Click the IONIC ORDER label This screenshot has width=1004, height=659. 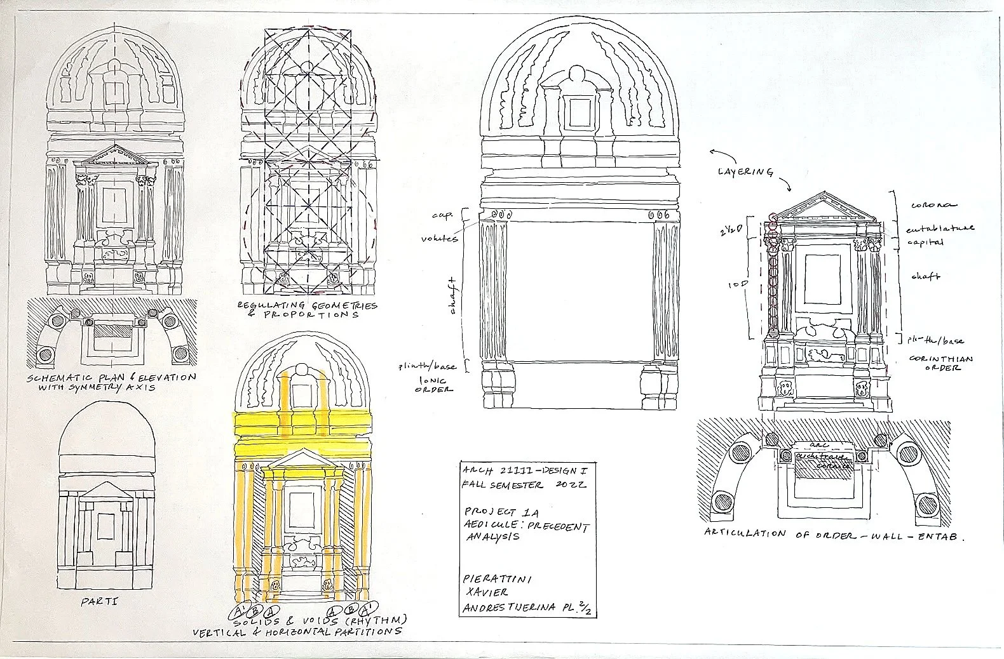point(432,384)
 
